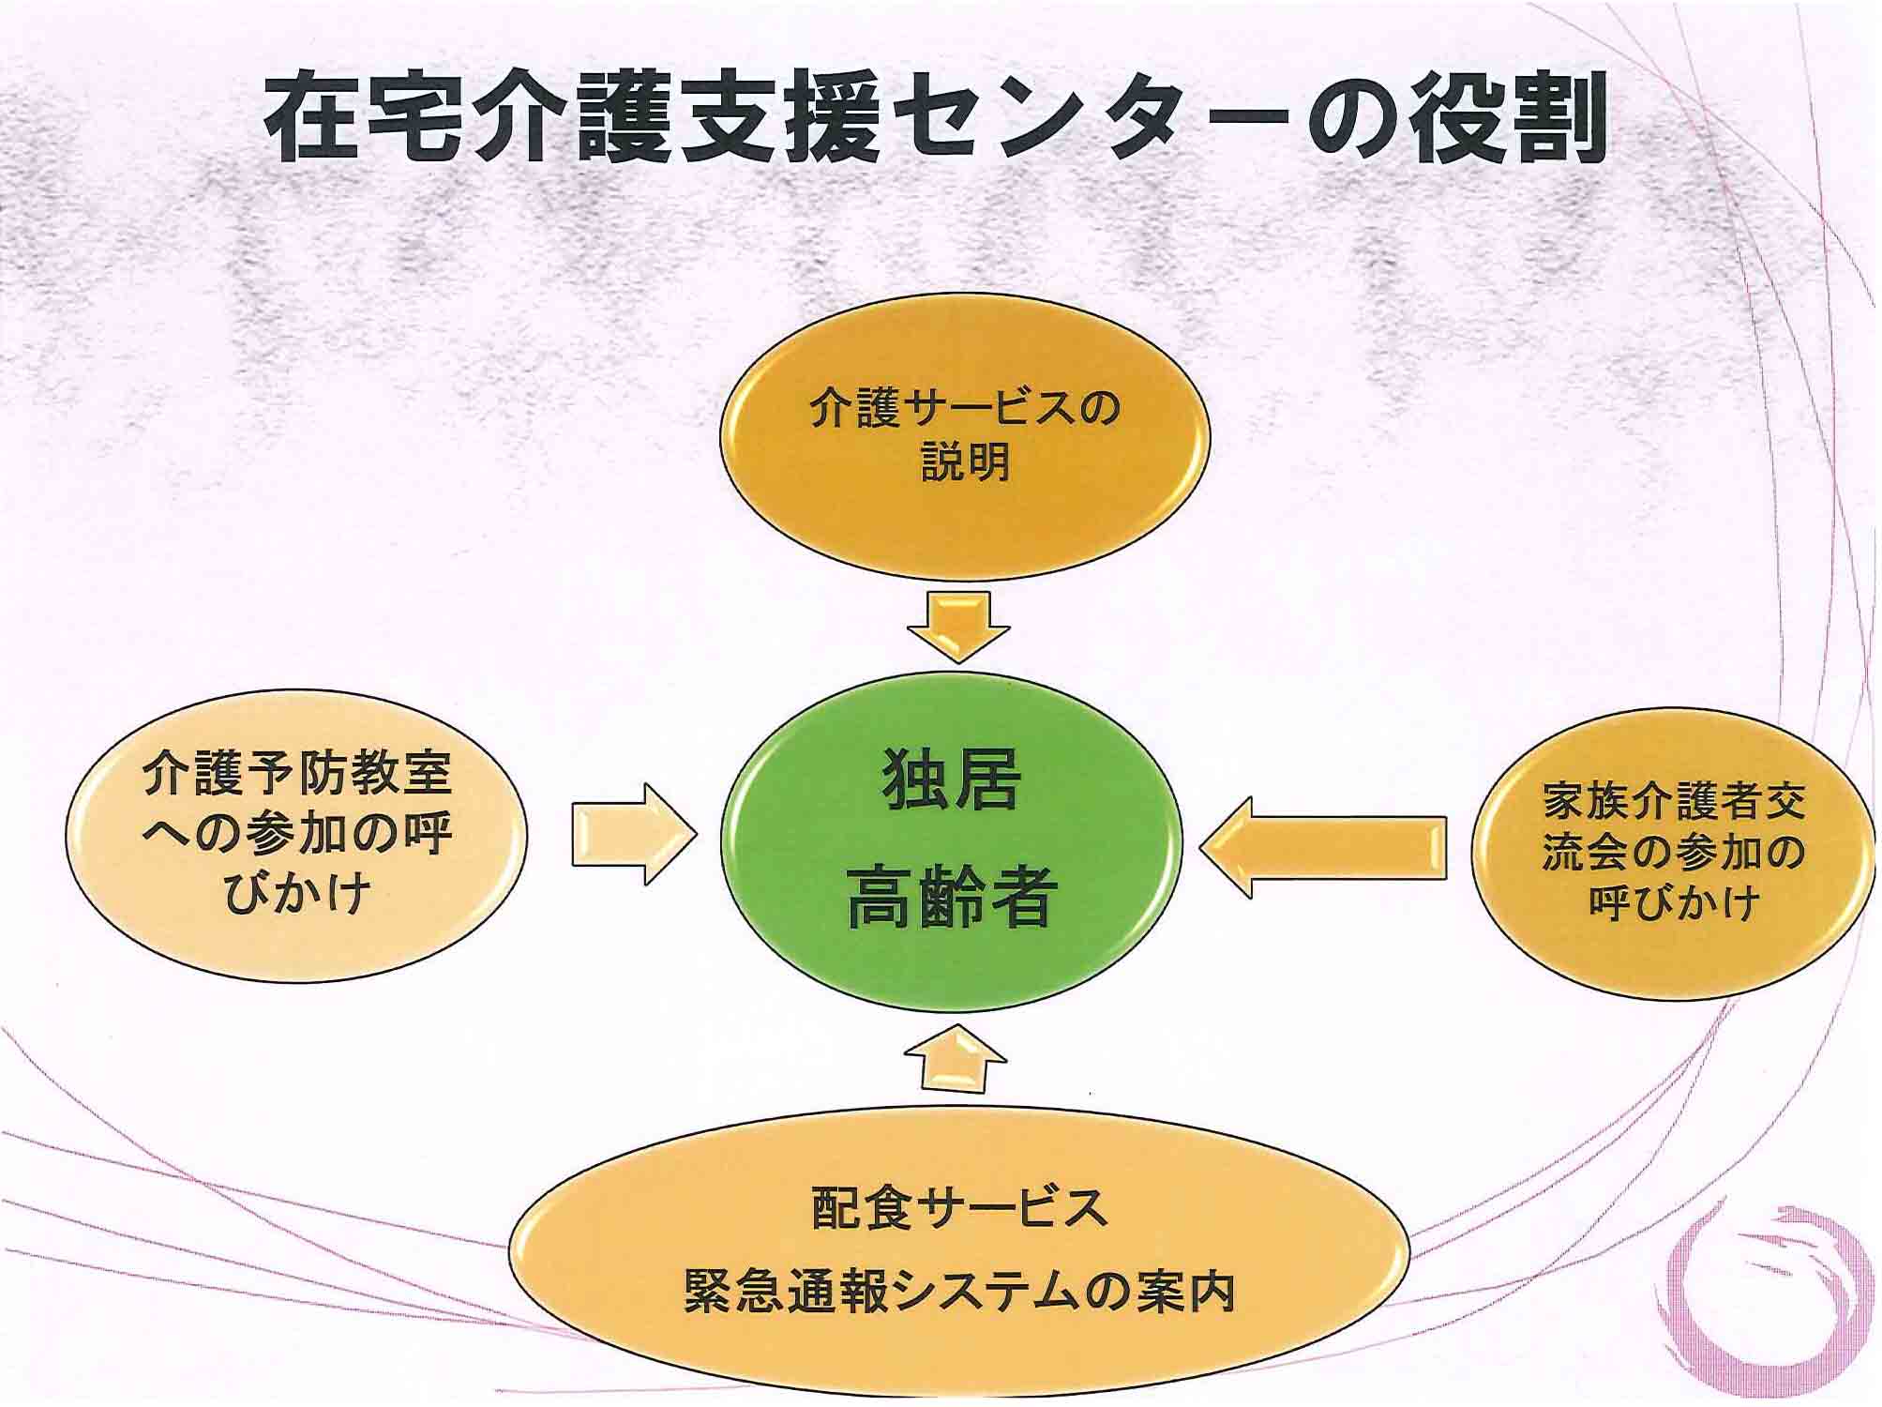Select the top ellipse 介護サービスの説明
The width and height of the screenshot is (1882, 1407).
(965, 437)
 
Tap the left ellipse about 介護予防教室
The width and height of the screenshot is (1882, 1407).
(296, 836)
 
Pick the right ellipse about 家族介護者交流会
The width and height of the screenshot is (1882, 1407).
(1673, 852)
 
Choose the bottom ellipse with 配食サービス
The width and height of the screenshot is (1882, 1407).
(959, 1251)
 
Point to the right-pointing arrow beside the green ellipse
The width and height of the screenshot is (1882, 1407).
(635, 834)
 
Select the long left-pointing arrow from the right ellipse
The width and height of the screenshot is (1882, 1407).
(1323, 848)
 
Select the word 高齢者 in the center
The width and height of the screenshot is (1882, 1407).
(952, 898)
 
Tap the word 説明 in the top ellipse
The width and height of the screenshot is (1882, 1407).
(965, 462)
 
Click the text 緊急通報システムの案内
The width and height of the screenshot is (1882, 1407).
(959, 1291)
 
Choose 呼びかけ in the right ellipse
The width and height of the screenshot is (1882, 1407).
(1673, 901)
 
